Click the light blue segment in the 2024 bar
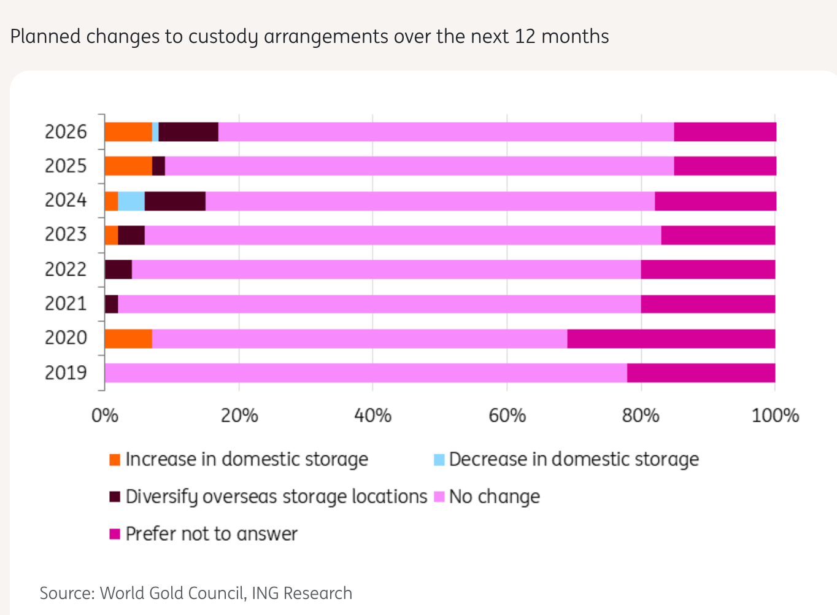pyautogui.click(x=131, y=201)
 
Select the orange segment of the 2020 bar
pyautogui.click(x=128, y=339)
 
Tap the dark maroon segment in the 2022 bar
pyautogui.click(x=118, y=269)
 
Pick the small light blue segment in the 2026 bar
pyautogui.click(x=155, y=132)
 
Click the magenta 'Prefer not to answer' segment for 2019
pyautogui.click(x=701, y=373)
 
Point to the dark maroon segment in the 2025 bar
pyautogui.click(x=158, y=166)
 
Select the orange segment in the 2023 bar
pyautogui.click(x=111, y=236)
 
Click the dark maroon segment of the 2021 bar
pyautogui.click(x=111, y=304)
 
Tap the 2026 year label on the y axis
pyautogui.click(x=66, y=132)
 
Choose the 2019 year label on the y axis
pyautogui.click(x=66, y=373)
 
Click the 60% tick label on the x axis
pyautogui.click(x=507, y=416)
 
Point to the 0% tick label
pyautogui.click(x=105, y=416)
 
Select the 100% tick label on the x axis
pyautogui.click(x=776, y=416)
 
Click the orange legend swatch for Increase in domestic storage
pyautogui.click(x=115, y=460)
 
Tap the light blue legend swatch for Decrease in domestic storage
pyautogui.click(x=439, y=460)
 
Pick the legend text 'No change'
pyautogui.click(x=495, y=497)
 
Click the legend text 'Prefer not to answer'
pyautogui.click(x=212, y=534)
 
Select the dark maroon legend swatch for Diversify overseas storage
pyautogui.click(x=115, y=497)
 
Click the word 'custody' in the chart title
pyautogui.click(x=223, y=37)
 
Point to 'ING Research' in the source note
pyautogui.click(x=302, y=594)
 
